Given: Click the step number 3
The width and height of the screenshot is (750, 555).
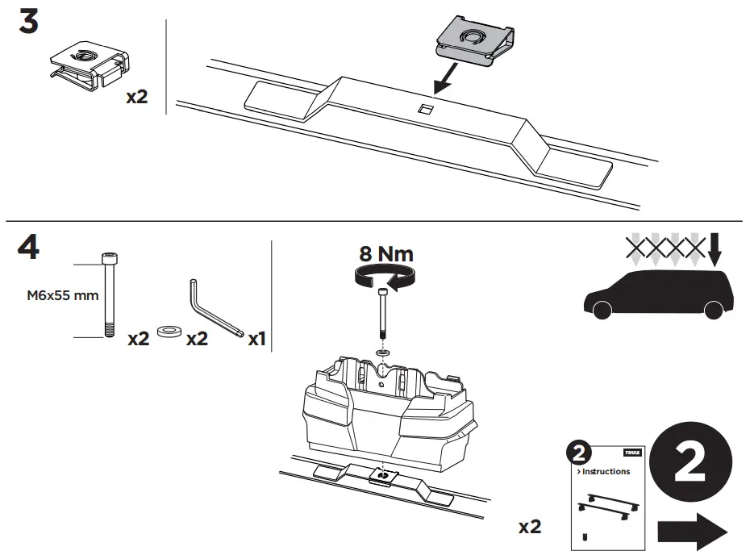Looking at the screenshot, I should [x=28, y=22].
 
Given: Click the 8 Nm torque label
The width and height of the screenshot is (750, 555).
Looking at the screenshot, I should [x=385, y=255].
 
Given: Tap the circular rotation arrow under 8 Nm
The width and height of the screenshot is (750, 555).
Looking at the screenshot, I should [x=385, y=279].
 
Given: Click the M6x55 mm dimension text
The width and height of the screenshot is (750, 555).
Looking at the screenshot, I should [x=62, y=295].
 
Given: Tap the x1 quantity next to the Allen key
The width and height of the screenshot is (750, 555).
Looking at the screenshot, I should [x=256, y=340].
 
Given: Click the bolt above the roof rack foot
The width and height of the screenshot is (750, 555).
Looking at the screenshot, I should [x=381, y=318].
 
